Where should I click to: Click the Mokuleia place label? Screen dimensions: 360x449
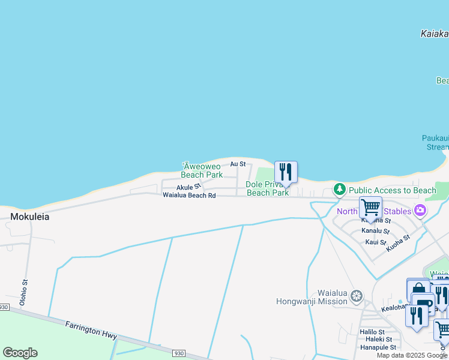pos(29,217)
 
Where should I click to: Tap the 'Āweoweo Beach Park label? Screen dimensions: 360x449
pos(202,170)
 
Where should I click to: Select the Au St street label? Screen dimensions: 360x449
pos(238,164)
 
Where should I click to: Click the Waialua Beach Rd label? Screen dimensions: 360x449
pos(188,196)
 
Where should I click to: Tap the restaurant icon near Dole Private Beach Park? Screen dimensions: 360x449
pos(286,172)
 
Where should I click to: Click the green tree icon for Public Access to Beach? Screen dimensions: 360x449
pos(340,190)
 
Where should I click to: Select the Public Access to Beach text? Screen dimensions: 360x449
pos(393,190)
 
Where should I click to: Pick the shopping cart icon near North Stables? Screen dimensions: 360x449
pos(370,208)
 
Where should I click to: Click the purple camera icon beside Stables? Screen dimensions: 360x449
pos(420,211)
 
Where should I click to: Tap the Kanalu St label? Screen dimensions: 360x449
pos(375,231)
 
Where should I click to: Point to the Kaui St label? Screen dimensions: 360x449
pos(376,242)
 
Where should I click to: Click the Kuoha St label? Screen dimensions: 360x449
pos(398,242)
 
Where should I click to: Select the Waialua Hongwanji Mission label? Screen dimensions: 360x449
pos(312,297)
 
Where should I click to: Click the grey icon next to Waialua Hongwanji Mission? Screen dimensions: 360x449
pos(357,296)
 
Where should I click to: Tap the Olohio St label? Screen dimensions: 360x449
pos(24,292)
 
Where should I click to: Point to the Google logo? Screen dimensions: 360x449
pos(20,353)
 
